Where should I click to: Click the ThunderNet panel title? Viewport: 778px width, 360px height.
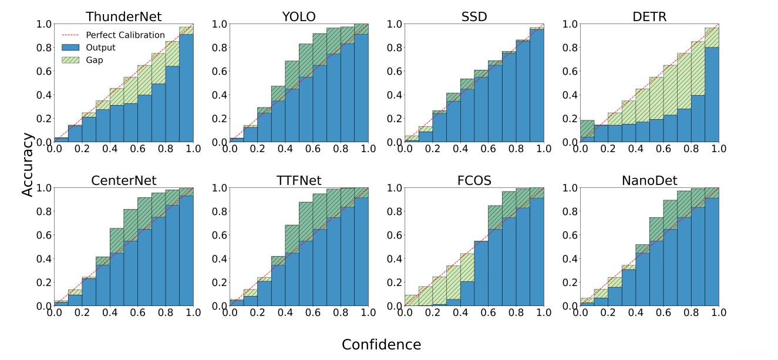[x=123, y=16]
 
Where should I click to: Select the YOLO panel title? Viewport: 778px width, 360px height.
[x=298, y=16]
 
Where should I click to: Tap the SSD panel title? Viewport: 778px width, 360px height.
[x=474, y=16]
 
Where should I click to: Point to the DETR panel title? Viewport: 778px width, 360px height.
[x=649, y=16]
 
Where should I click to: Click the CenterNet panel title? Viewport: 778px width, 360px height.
[x=123, y=180]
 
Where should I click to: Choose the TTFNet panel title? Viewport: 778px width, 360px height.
[x=298, y=180]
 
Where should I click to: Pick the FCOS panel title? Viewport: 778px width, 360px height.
[x=474, y=180]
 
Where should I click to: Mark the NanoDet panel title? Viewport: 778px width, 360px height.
[x=649, y=180]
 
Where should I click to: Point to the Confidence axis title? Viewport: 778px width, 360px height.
[x=381, y=345]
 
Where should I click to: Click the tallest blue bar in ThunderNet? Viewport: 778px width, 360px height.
[x=187, y=88]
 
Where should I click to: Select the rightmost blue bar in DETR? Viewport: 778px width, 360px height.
[x=712, y=95]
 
